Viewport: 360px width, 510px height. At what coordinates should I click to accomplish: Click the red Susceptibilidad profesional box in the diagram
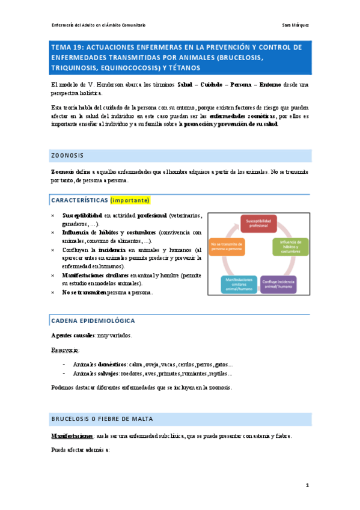[x=258, y=224]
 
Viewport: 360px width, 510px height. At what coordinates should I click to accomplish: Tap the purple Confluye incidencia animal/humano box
[x=278, y=283]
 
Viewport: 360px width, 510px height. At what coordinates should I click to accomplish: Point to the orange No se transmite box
[x=228, y=247]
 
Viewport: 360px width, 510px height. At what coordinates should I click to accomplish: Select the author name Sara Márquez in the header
[x=295, y=25]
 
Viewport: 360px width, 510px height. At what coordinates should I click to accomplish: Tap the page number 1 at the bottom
[x=307, y=485]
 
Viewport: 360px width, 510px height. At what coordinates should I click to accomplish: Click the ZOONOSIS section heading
[x=67, y=155]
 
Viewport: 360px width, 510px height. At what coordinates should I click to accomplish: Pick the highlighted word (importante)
[x=130, y=200]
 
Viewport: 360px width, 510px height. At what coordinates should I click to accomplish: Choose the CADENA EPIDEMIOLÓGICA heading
[x=93, y=321]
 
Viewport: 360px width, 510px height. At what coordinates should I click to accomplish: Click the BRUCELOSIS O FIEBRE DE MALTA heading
[x=102, y=418]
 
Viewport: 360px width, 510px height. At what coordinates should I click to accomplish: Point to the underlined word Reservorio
[x=66, y=349]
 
